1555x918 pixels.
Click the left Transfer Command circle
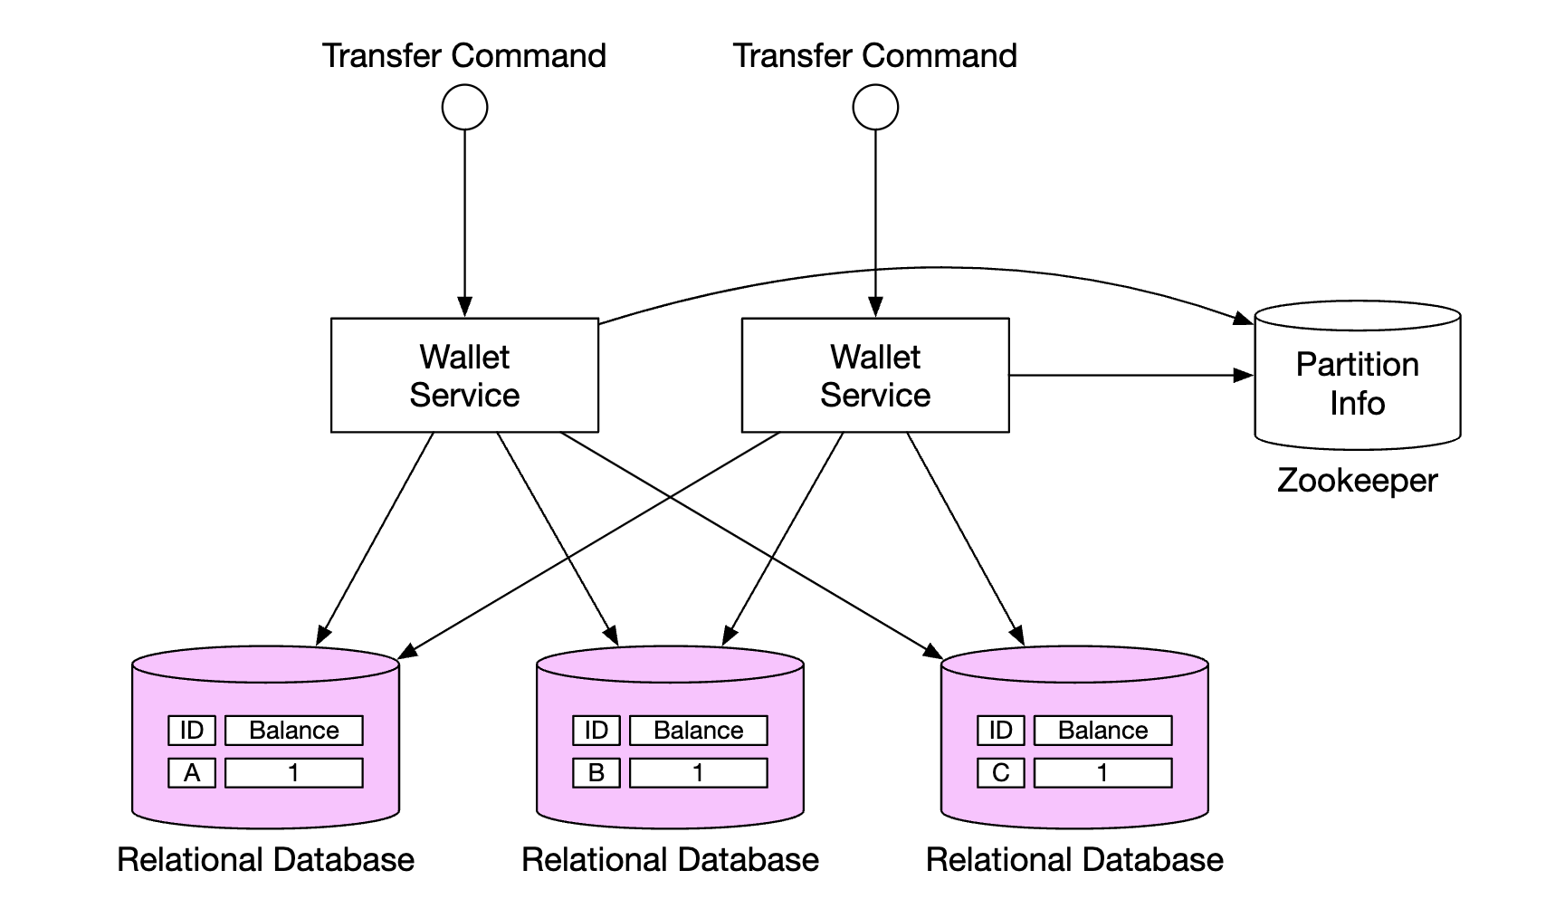point(464,107)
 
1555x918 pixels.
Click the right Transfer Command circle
point(875,107)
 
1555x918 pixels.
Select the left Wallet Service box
point(464,375)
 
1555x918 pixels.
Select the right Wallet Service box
point(875,375)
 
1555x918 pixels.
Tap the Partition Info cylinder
point(1357,380)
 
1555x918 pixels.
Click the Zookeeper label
point(1357,480)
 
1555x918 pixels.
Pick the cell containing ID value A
point(192,772)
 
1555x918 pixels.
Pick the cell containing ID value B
point(596,772)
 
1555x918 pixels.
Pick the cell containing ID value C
point(1001,772)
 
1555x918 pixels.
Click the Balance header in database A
point(294,730)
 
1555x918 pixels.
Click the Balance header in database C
point(1102,730)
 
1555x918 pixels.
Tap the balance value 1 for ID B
point(698,772)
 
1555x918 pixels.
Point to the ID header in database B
point(596,730)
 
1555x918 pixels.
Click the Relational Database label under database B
point(670,859)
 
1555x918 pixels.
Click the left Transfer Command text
point(464,55)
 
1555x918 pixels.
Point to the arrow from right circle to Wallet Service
point(875,217)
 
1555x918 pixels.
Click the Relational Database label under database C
point(1074,859)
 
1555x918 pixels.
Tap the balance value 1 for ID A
point(294,772)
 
